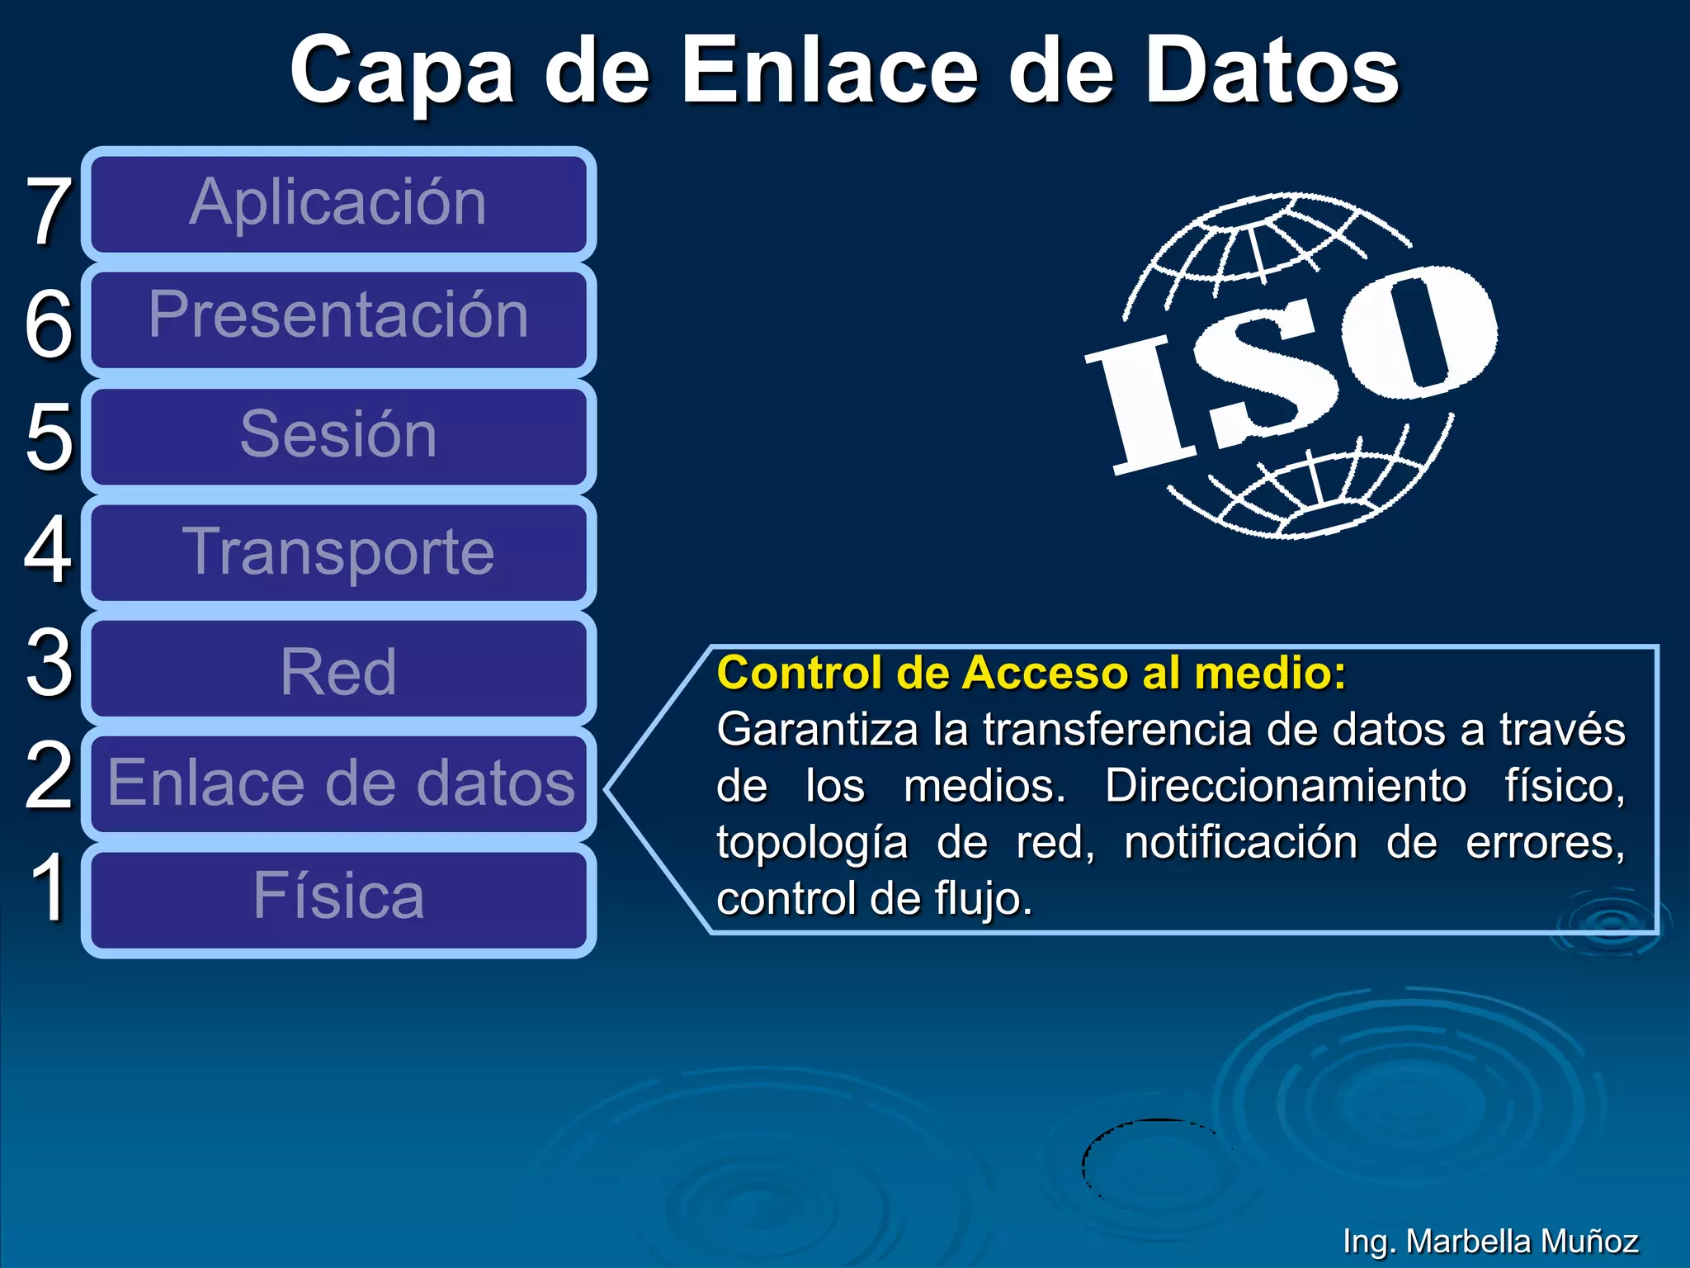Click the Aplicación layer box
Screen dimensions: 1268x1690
338,203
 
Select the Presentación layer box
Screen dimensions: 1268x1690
338,319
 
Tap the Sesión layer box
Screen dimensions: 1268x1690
338,435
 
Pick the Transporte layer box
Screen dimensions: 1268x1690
338,551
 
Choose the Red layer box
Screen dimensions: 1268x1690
338,669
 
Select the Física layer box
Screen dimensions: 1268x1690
338,898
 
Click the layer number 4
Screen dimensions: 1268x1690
48,549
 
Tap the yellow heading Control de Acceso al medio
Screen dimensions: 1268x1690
1031,673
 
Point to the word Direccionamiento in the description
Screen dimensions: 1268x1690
1285,786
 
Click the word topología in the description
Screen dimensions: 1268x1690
812,843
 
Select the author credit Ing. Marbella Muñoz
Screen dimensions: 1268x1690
1489,1241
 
